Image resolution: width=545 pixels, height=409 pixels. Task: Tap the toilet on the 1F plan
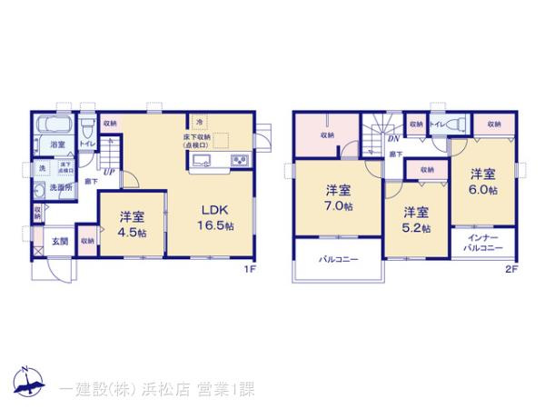tap(87, 125)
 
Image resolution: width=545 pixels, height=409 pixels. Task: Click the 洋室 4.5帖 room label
tap(133, 224)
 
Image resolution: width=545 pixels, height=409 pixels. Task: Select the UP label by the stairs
tap(108, 171)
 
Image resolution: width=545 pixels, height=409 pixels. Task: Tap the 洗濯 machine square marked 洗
tap(42, 168)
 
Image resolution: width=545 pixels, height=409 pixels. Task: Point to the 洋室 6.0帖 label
tap(482, 181)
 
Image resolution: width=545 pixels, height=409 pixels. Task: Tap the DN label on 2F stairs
tap(393, 139)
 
